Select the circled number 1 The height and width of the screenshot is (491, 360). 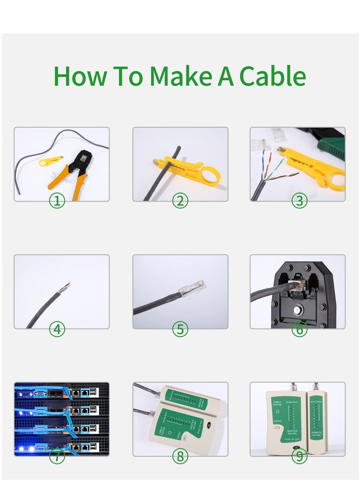pos(57,201)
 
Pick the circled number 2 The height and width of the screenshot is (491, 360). pos(180,201)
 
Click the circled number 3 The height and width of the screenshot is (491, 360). pos(299,201)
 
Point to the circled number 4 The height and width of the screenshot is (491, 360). pos(57,329)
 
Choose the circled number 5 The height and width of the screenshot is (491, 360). pos(180,329)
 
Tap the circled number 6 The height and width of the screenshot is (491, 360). pos(299,329)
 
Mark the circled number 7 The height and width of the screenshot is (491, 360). pos(57,457)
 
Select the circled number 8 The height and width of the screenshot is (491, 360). pos(180,457)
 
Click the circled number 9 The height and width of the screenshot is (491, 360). pos(299,457)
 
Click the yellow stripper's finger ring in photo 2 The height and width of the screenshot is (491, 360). pos(210,175)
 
